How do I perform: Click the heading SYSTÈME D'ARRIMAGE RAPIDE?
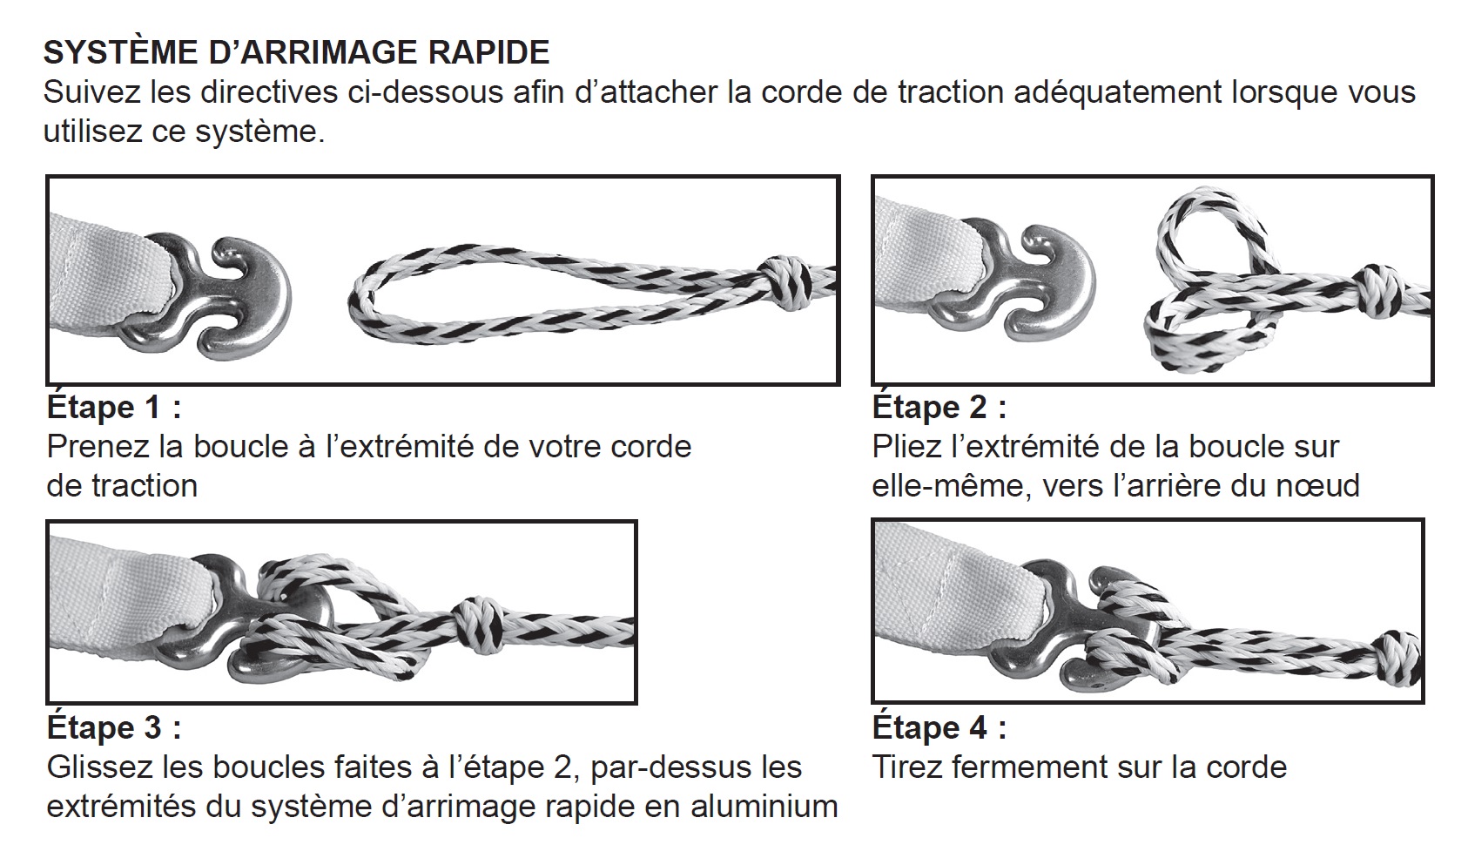click(x=296, y=53)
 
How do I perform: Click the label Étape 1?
click(x=114, y=408)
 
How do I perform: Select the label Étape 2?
click(x=939, y=408)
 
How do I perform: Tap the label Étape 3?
click(x=114, y=728)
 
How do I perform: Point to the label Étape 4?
click(x=939, y=728)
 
